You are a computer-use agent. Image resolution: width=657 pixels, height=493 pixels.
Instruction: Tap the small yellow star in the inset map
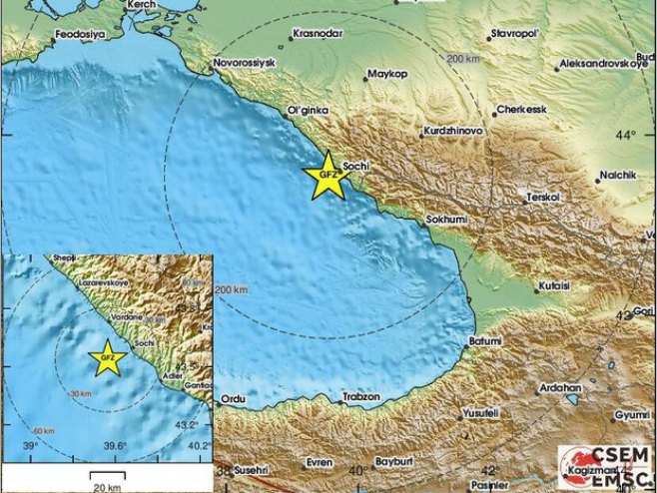pyautogui.click(x=107, y=358)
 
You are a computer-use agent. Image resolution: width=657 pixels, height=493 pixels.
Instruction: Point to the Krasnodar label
pyautogui.click(x=318, y=34)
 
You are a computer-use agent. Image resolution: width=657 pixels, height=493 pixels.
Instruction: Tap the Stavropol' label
pyautogui.click(x=515, y=35)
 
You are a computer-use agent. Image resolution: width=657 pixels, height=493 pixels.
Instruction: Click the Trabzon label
pyautogui.click(x=360, y=396)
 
